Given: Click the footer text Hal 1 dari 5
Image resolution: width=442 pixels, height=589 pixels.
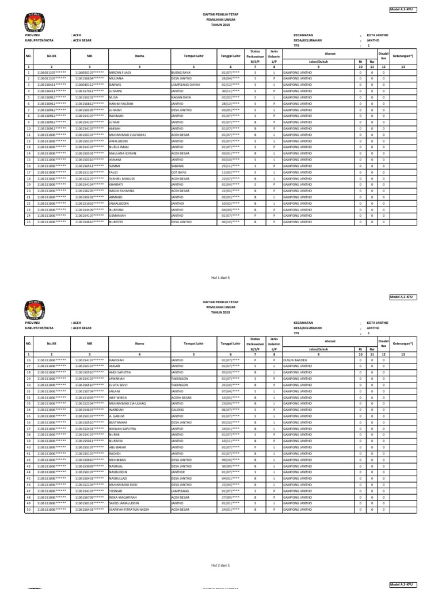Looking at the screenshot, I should pos(221,277).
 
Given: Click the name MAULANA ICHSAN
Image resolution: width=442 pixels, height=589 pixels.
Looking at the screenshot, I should pos(123,154).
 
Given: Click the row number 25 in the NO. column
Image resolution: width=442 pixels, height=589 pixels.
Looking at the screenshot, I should pos(28,221).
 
